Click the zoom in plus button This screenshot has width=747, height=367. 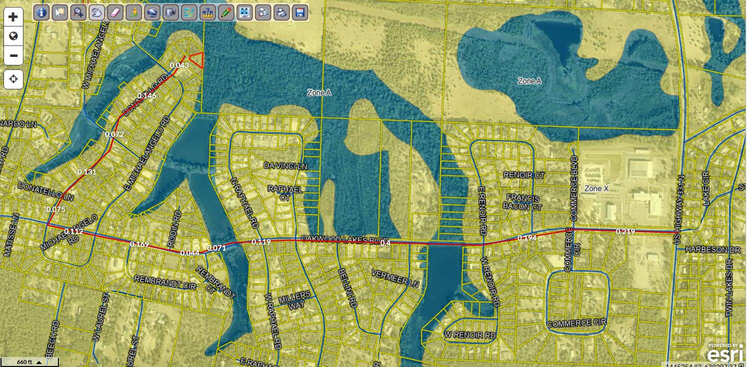(x=13, y=17)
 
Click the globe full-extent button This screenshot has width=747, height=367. (x=13, y=36)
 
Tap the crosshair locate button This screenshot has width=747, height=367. (x=13, y=79)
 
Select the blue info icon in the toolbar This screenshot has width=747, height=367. (x=41, y=12)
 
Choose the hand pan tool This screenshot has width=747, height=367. (x=96, y=12)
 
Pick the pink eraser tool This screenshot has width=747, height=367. (x=115, y=12)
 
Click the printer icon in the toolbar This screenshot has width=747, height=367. (x=282, y=12)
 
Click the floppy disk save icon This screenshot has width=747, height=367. (x=300, y=12)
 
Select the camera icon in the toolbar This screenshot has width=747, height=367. (x=170, y=12)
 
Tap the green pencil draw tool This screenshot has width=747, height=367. (x=226, y=12)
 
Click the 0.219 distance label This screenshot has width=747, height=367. (x=625, y=232)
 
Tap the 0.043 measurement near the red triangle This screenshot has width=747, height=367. (x=179, y=65)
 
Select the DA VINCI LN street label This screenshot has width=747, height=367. (x=285, y=165)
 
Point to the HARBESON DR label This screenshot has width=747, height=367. (x=713, y=249)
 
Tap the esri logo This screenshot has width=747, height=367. (x=726, y=354)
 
